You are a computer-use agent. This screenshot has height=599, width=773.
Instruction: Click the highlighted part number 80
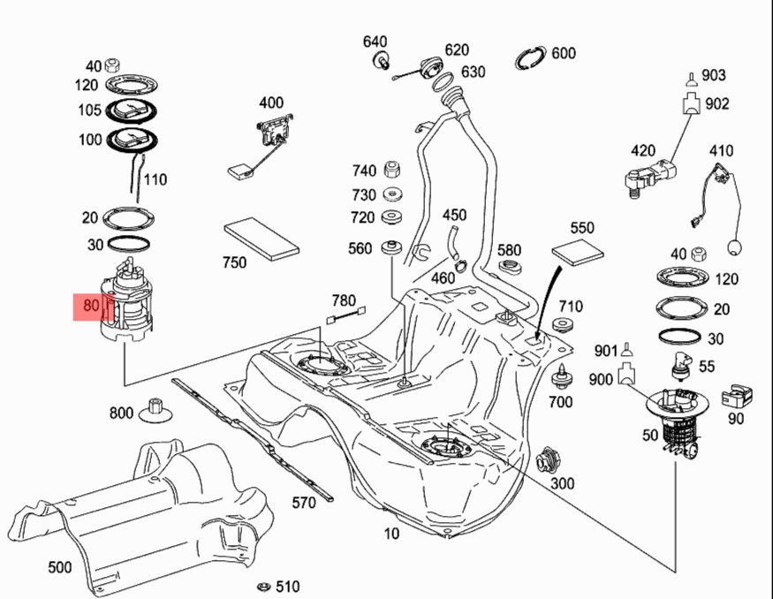(x=91, y=307)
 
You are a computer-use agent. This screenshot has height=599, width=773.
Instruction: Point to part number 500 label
(x=59, y=567)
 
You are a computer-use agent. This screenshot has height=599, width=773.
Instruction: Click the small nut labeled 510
(x=262, y=587)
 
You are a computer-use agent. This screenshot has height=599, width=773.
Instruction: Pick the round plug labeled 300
(x=549, y=461)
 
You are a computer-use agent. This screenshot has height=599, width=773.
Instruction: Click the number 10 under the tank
(x=391, y=533)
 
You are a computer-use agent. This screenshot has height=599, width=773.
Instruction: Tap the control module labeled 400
(x=274, y=130)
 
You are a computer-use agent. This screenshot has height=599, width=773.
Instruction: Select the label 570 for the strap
(x=304, y=504)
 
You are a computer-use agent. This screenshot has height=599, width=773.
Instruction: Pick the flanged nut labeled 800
(x=156, y=409)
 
